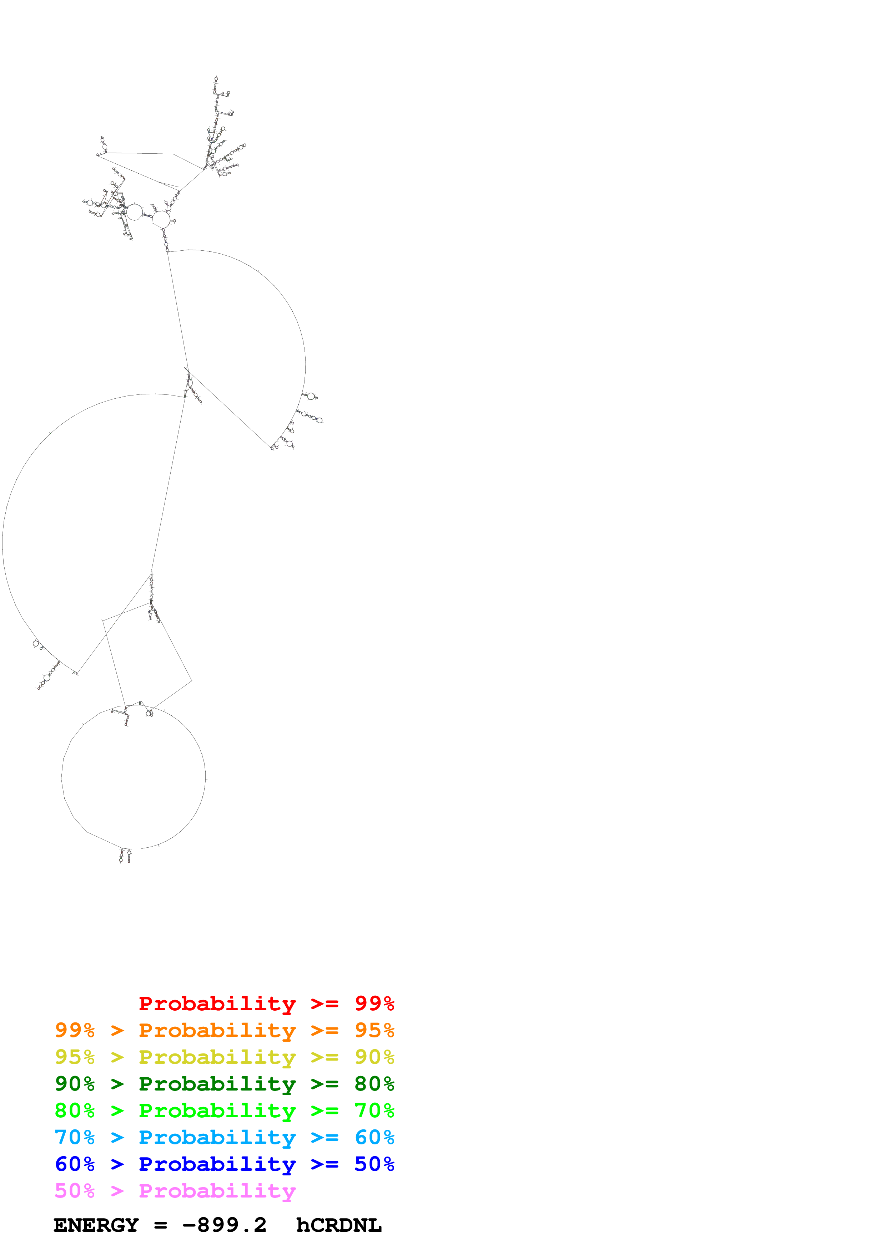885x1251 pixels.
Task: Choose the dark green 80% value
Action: (374, 1084)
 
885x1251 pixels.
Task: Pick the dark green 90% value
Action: (75, 1084)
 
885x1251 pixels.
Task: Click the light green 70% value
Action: (374, 1110)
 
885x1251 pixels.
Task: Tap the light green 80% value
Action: (75, 1110)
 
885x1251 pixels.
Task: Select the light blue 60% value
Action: (374, 1137)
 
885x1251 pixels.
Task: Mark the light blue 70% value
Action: (75, 1137)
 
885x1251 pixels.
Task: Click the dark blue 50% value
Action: (374, 1164)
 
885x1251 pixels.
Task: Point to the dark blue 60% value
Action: (75, 1164)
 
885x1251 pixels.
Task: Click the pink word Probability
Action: (217, 1191)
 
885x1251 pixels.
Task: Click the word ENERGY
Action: (96, 1225)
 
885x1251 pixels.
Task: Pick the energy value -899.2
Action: (224, 1225)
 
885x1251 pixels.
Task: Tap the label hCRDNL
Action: (339, 1225)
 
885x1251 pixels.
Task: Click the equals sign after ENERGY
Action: (160, 1225)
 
